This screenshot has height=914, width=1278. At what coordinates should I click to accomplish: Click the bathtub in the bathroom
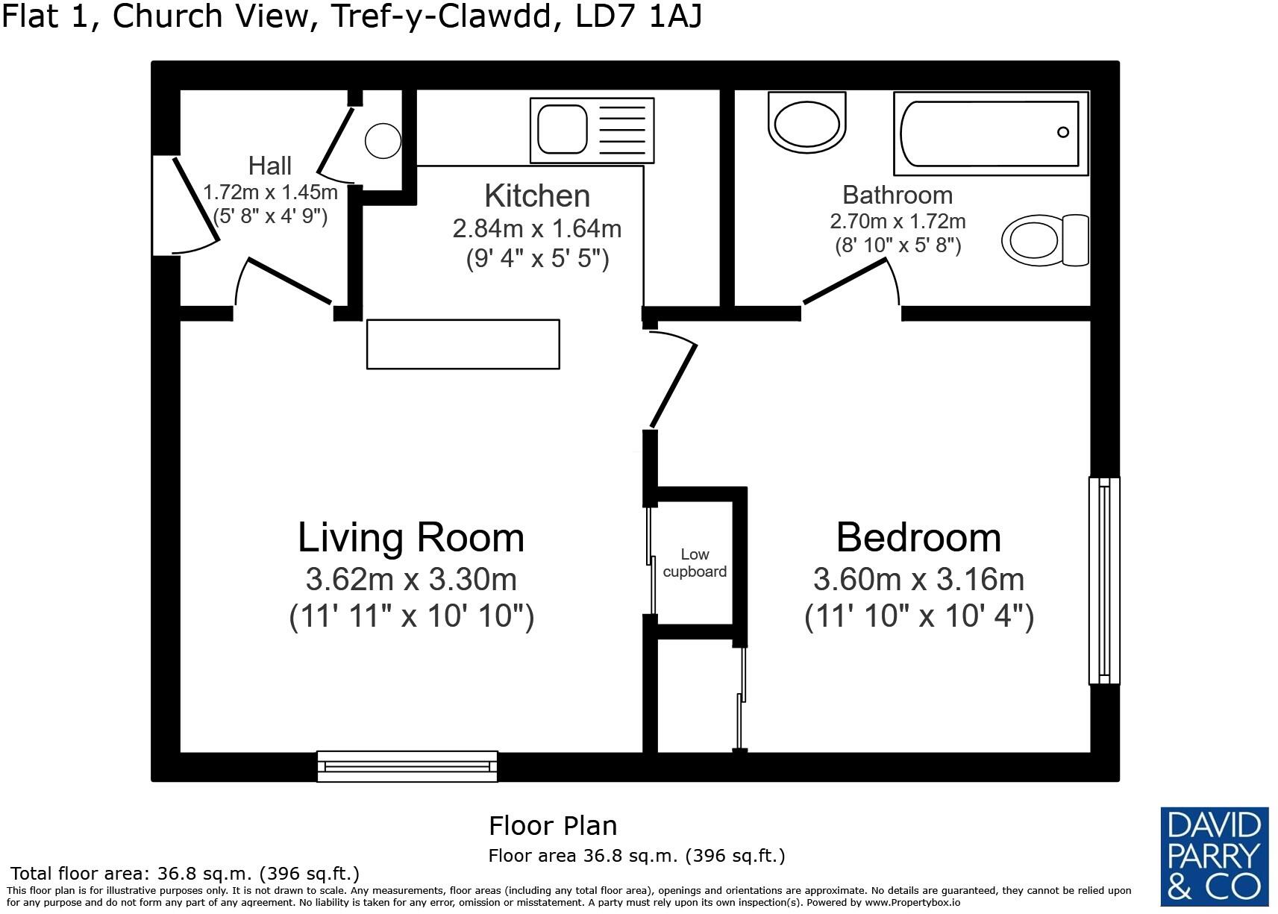(991, 133)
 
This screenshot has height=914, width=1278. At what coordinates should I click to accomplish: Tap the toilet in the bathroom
(1044, 240)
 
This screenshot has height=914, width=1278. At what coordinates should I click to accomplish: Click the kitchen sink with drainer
(592, 130)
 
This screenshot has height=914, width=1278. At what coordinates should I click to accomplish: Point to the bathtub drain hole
(1062, 132)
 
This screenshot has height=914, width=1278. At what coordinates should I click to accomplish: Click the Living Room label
(411, 537)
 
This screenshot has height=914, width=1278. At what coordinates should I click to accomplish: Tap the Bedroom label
(918, 537)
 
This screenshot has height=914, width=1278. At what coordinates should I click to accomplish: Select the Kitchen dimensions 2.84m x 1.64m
(537, 228)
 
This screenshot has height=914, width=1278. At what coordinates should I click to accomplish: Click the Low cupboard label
(695, 563)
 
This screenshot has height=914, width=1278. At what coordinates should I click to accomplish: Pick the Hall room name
(269, 166)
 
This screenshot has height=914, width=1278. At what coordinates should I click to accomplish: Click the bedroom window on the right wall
(1104, 580)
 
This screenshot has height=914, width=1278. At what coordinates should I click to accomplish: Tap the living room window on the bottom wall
(407, 766)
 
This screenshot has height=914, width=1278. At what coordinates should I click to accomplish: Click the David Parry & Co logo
(1214, 856)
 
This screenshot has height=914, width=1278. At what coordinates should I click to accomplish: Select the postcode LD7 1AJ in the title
(639, 16)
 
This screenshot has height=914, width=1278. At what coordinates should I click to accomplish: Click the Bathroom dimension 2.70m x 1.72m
(898, 222)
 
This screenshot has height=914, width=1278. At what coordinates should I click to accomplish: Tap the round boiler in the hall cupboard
(383, 140)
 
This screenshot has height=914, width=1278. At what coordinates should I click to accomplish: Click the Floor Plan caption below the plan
(553, 826)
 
